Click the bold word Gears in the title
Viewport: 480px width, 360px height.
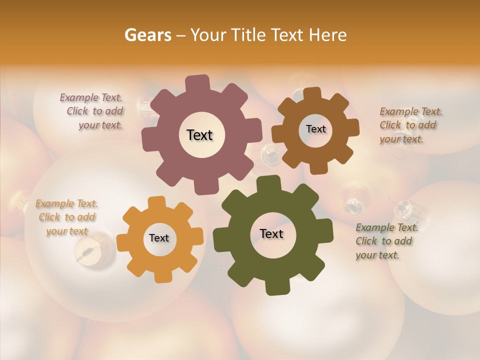pyautogui.click(x=147, y=35)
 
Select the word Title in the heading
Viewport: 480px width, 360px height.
pyautogui.click(x=250, y=35)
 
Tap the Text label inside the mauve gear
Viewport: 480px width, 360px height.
pyautogui.click(x=199, y=135)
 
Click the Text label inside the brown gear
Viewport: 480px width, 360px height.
pyautogui.click(x=315, y=129)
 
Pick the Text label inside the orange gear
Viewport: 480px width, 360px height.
pyautogui.click(x=159, y=238)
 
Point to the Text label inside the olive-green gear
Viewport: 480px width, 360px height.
pyautogui.click(x=271, y=233)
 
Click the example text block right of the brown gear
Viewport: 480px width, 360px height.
pyautogui.click(x=410, y=125)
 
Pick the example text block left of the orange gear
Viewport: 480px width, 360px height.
pyautogui.click(x=67, y=217)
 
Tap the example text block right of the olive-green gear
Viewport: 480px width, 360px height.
pyautogui.click(x=386, y=241)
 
